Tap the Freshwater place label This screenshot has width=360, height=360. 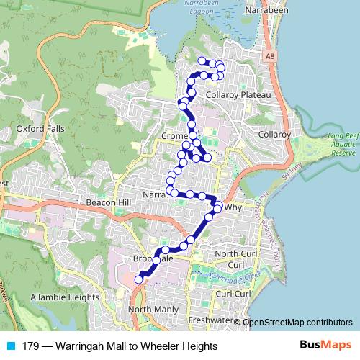click(x=208, y=320)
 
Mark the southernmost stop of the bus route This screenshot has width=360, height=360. click(x=139, y=279)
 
